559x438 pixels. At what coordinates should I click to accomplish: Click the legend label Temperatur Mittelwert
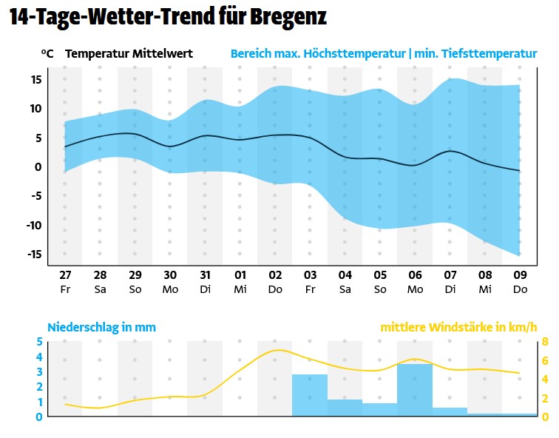[x=129, y=54]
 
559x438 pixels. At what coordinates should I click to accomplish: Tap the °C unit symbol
[x=47, y=54]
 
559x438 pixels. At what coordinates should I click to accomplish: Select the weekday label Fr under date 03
[x=310, y=289]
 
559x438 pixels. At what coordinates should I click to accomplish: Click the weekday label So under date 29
[x=135, y=289]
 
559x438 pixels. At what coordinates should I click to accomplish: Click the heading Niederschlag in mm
[x=101, y=327]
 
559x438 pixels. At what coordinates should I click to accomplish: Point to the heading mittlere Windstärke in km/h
[x=458, y=327]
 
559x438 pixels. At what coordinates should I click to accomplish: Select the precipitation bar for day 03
[x=310, y=396]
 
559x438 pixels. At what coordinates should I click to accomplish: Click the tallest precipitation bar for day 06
[x=415, y=391]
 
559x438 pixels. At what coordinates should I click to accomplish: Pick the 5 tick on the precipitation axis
[x=40, y=342]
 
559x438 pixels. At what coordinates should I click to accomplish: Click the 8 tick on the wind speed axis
[x=545, y=342]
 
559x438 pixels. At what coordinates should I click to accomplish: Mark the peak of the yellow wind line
[x=277, y=350]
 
